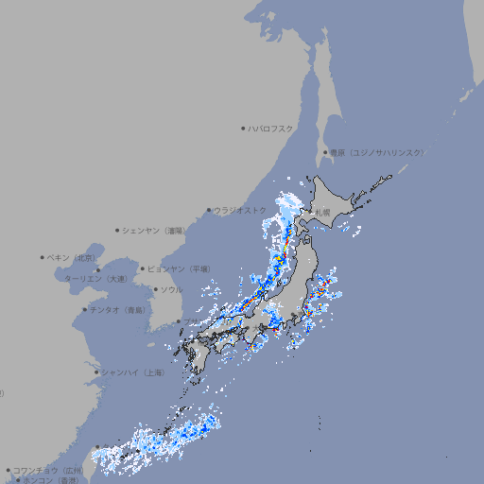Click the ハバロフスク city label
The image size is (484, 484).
pos(271,128)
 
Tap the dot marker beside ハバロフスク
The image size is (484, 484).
pos(243,128)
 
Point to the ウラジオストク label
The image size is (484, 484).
pos(240,210)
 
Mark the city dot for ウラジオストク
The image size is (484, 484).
pos(209,210)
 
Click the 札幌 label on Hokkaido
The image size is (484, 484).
pos(322,212)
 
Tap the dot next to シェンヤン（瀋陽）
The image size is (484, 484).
pos(118,230)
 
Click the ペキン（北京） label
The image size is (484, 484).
pos(73,257)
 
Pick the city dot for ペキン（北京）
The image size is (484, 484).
pos(43,257)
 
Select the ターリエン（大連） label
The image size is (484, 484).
pos(95,279)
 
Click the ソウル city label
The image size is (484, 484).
pos(171,289)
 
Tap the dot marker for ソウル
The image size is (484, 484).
pos(153,289)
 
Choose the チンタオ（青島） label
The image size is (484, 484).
pos(118,309)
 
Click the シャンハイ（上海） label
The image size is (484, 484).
pos(132,372)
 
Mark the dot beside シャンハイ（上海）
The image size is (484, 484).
pos(96,372)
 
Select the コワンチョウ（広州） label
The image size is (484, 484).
pos(48,470)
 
